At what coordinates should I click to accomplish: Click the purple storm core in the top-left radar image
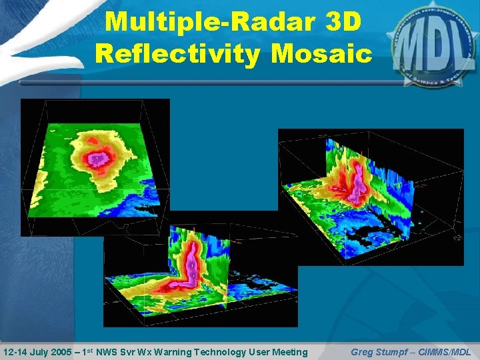(x=98, y=159)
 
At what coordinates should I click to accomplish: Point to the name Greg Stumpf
(x=375, y=351)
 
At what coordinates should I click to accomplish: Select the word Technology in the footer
(x=215, y=351)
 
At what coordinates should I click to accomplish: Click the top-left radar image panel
(x=95, y=167)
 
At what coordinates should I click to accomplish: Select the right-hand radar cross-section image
(x=370, y=197)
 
